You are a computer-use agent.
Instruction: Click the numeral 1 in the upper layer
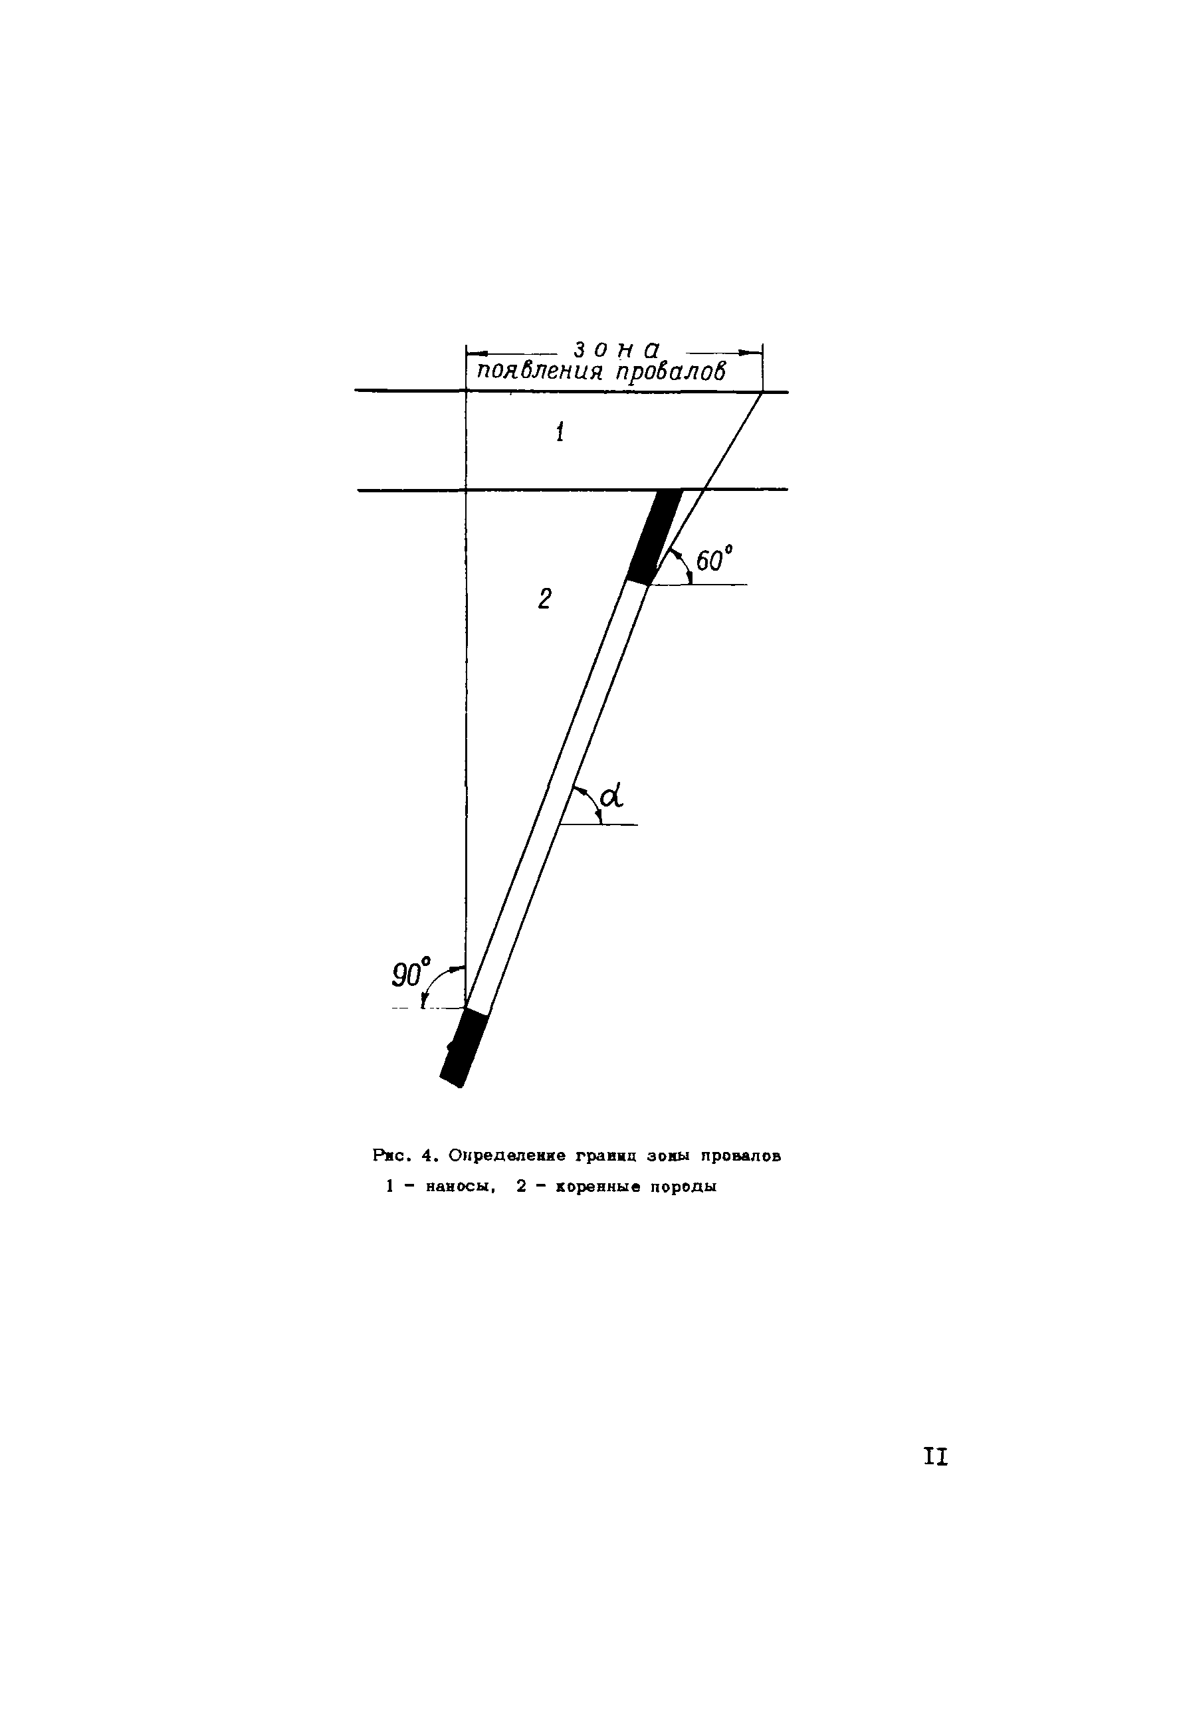click(x=560, y=432)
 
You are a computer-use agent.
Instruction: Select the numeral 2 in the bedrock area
click(x=545, y=598)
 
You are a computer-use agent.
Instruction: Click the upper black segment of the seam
click(x=655, y=536)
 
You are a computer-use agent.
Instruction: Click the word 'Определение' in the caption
click(x=508, y=1157)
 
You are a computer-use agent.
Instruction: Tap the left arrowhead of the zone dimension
click(x=476, y=352)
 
